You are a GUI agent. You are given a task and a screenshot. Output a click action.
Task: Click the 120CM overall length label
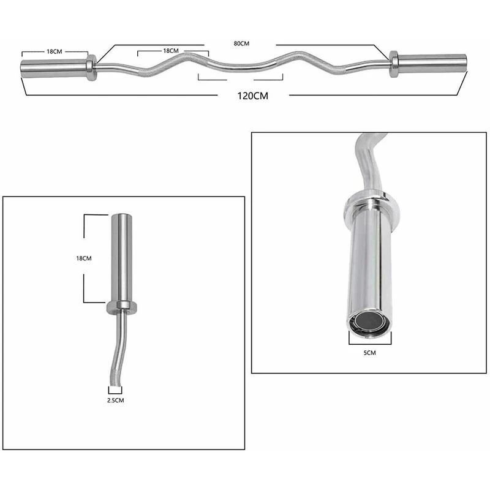(252, 96)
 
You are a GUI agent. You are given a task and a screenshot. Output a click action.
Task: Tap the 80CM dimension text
(241, 43)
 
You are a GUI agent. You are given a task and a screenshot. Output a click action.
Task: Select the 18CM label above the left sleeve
(55, 51)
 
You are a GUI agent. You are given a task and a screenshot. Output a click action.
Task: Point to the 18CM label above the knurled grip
(171, 51)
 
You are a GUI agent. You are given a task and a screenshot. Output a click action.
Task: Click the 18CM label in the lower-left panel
(84, 258)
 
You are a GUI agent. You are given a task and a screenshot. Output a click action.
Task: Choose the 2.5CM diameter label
(116, 400)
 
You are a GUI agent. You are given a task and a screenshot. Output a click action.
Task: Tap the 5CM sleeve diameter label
(370, 353)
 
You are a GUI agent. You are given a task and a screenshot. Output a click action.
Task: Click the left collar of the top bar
(91, 68)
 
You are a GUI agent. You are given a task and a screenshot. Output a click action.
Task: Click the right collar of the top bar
(393, 64)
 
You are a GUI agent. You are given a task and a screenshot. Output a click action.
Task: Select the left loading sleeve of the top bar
(54, 69)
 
